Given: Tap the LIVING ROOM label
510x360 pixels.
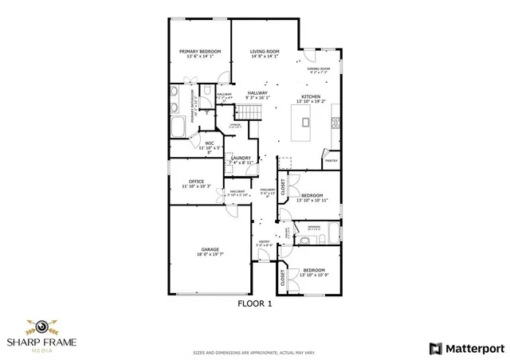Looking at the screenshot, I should click(x=264, y=51).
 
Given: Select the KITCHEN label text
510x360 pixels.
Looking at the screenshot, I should click(x=311, y=96).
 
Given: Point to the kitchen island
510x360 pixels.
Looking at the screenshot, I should click(x=303, y=123).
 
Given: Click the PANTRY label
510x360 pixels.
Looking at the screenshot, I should click(x=331, y=160).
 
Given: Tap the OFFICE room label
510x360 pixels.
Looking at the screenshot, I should click(x=196, y=182).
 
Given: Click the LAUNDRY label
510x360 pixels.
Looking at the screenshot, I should click(x=241, y=158).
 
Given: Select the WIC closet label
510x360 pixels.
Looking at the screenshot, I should click(x=208, y=143).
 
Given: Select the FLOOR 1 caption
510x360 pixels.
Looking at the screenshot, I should click(x=255, y=303).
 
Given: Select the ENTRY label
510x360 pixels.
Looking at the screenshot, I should click(x=264, y=241).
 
